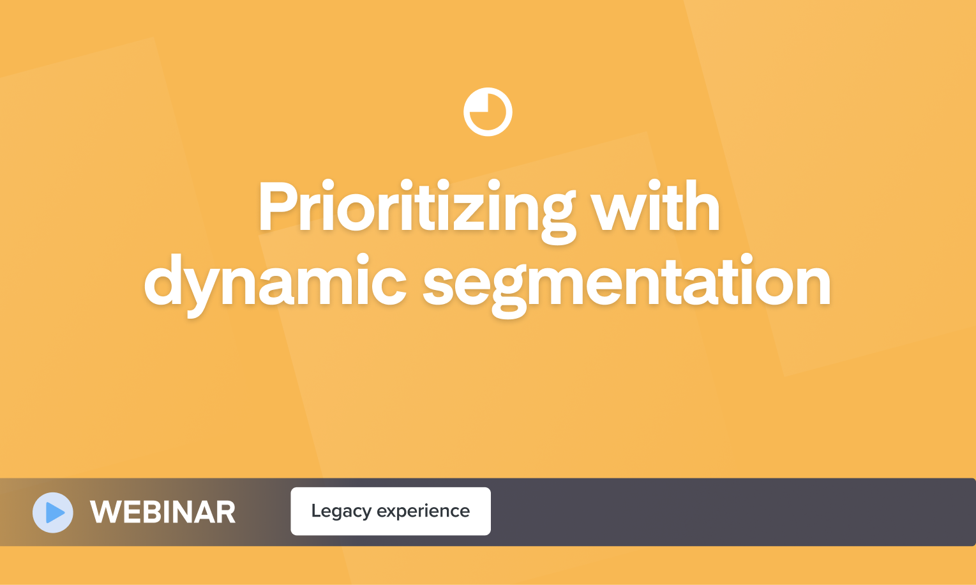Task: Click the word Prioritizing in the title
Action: pos(416,208)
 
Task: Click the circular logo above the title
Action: pos(488,112)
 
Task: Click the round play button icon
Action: pos(53,512)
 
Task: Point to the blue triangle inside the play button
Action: pos(55,512)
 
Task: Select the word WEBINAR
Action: pos(163,512)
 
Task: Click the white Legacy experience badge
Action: pos(391,511)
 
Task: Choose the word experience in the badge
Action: pos(423,512)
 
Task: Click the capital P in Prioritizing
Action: pos(278,207)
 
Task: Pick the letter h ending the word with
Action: pos(702,207)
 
